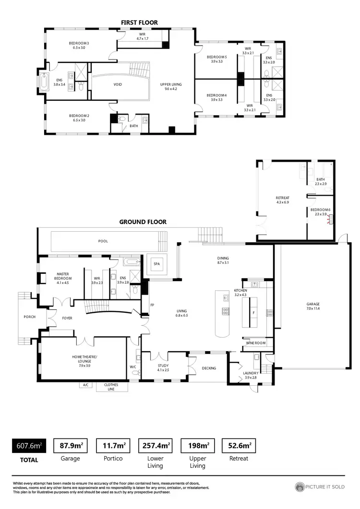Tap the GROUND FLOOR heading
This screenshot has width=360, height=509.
[143, 222]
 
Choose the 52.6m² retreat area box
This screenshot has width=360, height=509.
[239, 446]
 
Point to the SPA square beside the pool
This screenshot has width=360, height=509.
[156, 264]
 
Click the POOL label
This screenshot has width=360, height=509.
[103, 241]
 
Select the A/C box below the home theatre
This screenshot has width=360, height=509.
[86, 385]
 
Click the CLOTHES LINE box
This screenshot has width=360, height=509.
[111, 387]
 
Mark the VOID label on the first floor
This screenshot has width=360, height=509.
[118, 84]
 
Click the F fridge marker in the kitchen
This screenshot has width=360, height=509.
[253, 312]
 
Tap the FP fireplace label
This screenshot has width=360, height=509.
[152, 305]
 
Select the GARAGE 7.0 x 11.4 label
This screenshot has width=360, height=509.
[313, 306]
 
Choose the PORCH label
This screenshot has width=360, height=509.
[30, 317]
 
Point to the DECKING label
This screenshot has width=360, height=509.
[209, 368]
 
